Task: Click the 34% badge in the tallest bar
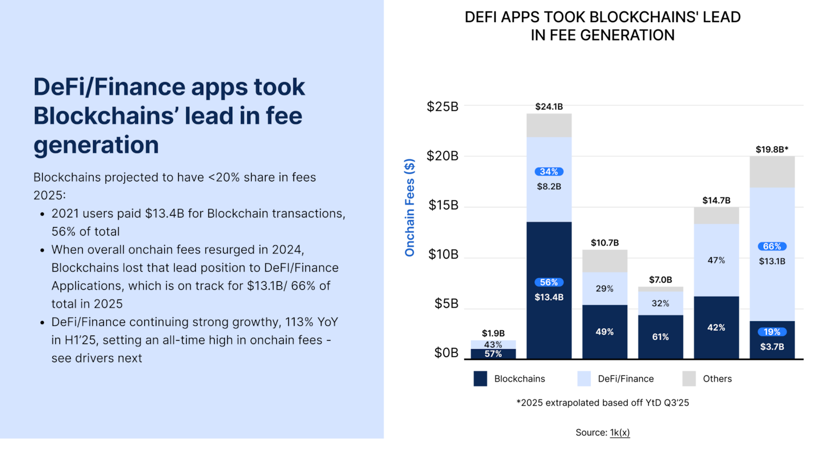(549, 172)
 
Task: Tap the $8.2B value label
(549, 186)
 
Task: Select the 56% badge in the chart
(549, 282)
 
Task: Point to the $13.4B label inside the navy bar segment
(549, 297)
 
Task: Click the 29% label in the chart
(605, 289)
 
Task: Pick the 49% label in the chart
(605, 331)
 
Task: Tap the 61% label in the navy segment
(660, 337)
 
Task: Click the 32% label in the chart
(660, 304)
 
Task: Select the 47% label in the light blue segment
(716, 260)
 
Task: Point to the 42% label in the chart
(716, 327)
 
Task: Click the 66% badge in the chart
(772, 246)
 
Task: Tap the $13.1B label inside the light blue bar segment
(772, 261)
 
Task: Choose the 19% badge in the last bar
(772, 332)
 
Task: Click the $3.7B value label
(772, 346)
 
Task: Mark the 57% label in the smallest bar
(493, 354)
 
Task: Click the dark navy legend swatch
(480, 378)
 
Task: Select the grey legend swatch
(688, 378)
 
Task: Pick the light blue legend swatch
(584, 378)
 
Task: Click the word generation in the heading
(96, 145)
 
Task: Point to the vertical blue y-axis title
(409, 208)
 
